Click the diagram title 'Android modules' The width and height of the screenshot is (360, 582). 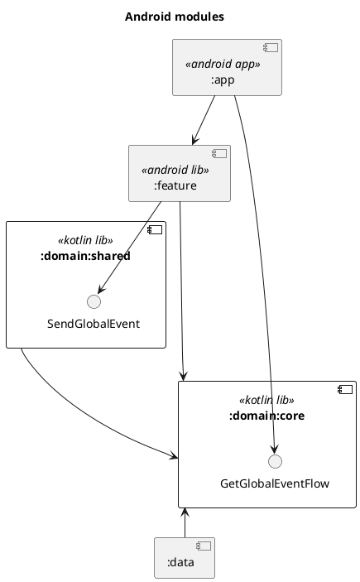174,17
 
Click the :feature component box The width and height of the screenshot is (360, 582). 179,173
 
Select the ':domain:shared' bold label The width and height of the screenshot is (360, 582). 85,256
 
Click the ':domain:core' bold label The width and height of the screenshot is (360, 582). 266,415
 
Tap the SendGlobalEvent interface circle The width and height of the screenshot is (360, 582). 94,301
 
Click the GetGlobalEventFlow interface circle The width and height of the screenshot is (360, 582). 275,461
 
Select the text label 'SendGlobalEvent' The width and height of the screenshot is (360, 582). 94,323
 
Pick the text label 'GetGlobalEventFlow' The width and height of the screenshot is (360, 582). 275,483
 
